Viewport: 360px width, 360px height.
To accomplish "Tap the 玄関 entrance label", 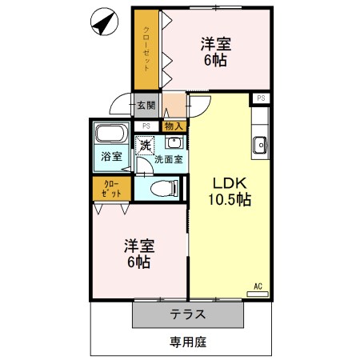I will tap(145, 105).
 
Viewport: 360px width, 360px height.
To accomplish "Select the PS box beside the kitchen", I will tap(262, 98).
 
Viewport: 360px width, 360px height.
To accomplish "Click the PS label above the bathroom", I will tap(146, 126).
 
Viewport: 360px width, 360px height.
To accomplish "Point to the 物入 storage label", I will tap(173, 126).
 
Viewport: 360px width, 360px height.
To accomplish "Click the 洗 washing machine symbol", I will tap(144, 146).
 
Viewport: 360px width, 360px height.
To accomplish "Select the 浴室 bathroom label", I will tap(110, 156).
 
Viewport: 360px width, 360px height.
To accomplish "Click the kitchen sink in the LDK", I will tap(260, 145).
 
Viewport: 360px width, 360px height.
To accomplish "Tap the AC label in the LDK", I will tap(258, 286).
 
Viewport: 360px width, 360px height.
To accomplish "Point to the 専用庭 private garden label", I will tap(187, 342).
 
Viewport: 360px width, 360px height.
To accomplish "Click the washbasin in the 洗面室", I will tap(174, 144).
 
